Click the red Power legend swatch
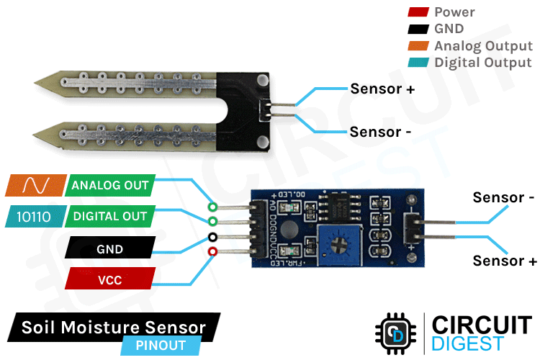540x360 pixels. click(418, 12)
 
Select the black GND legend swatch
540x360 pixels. click(418, 30)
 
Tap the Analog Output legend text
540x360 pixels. click(483, 46)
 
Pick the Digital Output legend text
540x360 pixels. click(483, 63)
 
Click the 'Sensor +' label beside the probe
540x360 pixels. click(382, 89)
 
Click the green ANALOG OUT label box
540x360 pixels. click(110, 185)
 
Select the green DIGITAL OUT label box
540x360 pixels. click(110, 216)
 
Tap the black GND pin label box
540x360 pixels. click(110, 249)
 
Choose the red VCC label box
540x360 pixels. click(110, 280)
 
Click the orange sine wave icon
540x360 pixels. click(35, 185)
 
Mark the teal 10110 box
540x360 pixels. click(35, 216)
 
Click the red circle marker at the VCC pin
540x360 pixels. click(212, 251)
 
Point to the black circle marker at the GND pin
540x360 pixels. click(212, 236)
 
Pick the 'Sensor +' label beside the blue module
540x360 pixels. click(505, 261)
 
